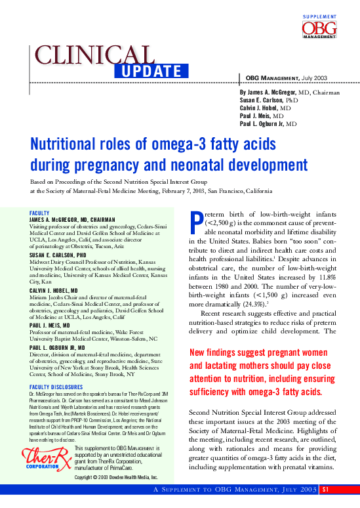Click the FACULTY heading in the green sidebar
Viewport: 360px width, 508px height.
[x=40, y=213]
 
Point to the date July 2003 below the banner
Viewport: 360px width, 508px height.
[x=315, y=78]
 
